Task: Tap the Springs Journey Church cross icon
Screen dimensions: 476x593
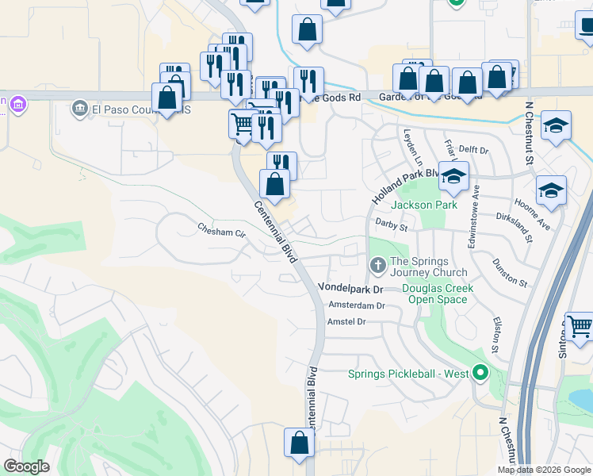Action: [378, 263]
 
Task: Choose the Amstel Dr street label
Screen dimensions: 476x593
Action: [346, 321]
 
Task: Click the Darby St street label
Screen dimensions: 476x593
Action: [391, 225]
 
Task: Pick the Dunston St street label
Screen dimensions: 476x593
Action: [509, 271]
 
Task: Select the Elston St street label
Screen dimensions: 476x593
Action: [495, 336]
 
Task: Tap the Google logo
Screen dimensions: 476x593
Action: [27, 466]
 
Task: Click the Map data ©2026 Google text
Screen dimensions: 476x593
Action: [543, 470]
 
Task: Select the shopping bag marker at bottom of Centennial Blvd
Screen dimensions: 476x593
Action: [300, 444]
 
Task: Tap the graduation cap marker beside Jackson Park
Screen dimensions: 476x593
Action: [453, 177]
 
